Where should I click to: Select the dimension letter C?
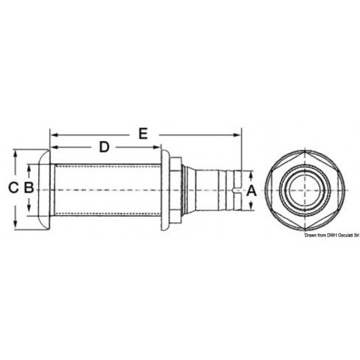[x=13, y=188]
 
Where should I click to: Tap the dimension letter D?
[x=104, y=147]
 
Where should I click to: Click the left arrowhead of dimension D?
[x=53, y=147]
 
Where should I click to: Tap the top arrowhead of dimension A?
[x=254, y=173]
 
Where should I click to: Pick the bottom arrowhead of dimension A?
[x=254, y=206]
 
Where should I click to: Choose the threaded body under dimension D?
[x=104, y=190]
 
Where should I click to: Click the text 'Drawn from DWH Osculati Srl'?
[x=331, y=236]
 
